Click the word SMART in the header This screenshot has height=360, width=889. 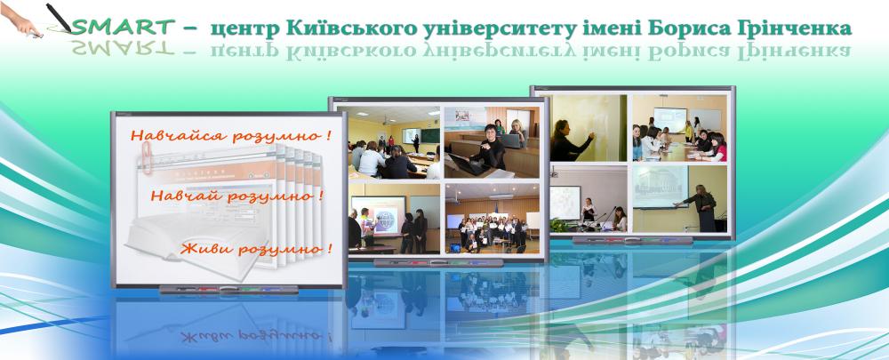click(124, 27)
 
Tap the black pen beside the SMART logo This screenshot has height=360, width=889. click(59, 18)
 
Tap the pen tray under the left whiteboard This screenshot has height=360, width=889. click(228, 290)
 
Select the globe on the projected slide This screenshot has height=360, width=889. click(386, 220)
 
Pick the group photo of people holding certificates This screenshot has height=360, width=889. click(493, 219)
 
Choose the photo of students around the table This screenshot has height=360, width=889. click(680, 128)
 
